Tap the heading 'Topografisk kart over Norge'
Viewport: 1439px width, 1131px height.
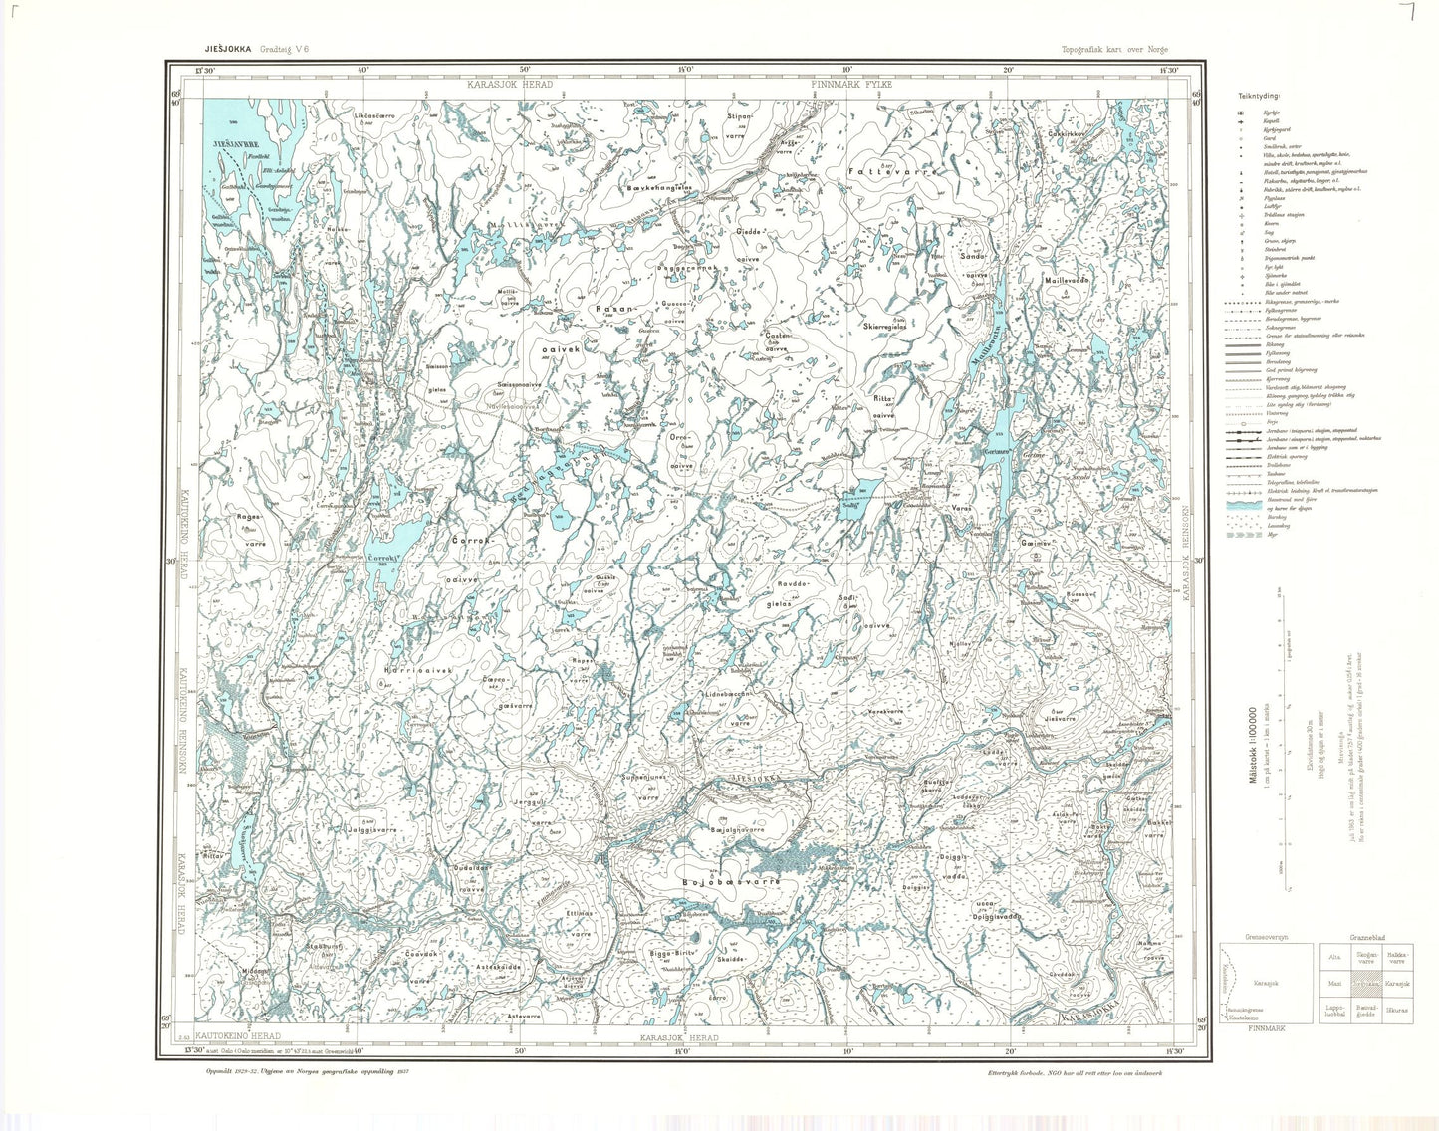(1115, 49)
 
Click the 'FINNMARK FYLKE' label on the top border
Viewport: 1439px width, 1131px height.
(852, 85)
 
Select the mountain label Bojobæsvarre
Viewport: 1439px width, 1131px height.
(731, 882)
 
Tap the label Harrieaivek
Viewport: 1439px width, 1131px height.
(417, 670)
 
